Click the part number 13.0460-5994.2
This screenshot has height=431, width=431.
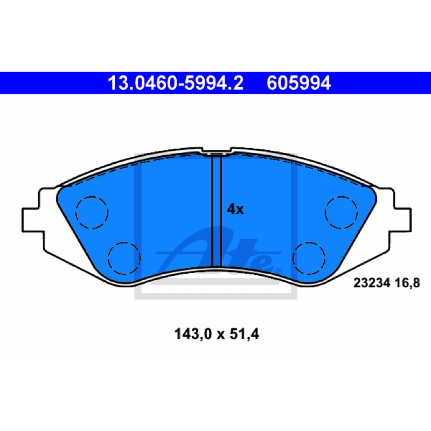(176, 83)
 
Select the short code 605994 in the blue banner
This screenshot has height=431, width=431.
(298, 83)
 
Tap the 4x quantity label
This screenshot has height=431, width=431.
(235, 209)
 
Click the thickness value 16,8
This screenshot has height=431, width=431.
(407, 283)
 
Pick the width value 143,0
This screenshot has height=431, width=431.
(193, 334)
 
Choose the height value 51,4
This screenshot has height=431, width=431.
(245, 334)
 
